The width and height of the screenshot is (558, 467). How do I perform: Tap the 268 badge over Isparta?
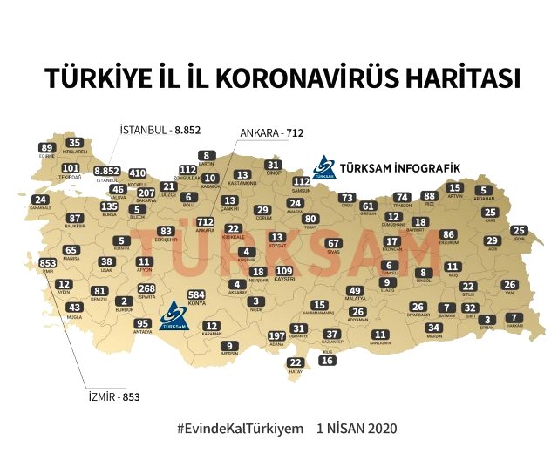(147, 288)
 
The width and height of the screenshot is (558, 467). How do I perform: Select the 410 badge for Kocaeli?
(138, 173)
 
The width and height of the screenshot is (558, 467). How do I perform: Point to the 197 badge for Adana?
(277, 335)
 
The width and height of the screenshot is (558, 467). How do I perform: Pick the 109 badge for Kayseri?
(283, 272)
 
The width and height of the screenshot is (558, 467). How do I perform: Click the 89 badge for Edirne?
(47, 148)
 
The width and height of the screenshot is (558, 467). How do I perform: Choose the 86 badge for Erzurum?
(448, 234)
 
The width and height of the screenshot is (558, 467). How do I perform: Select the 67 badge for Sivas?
(333, 243)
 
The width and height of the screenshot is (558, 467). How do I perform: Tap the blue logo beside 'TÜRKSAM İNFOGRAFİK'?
(323, 166)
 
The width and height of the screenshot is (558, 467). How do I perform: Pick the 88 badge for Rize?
(428, 196)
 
